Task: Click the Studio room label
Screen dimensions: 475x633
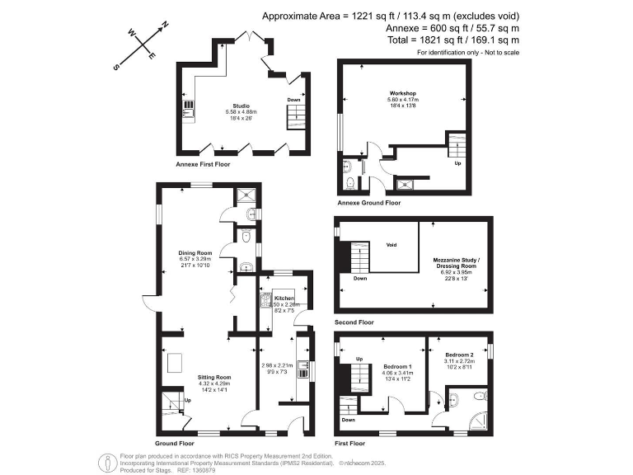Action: point(241,106)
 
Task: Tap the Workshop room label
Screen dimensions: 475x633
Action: point(402,93)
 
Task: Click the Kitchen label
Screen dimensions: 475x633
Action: point(284,298)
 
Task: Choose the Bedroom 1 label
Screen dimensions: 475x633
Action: point(397,367)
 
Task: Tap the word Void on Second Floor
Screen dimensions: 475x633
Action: point(393,244)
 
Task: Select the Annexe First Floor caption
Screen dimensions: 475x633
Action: point(203,165)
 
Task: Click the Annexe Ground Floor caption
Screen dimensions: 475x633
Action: point(369,202)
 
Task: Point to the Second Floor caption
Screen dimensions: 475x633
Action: point(354,322)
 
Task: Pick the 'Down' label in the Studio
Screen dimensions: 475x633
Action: point(293,100)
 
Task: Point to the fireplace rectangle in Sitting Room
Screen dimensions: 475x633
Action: point(176,361)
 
